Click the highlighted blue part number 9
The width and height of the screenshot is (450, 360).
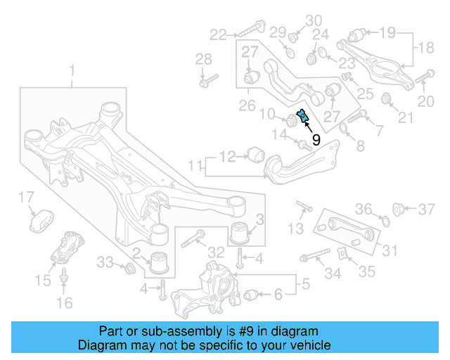click(302, 116)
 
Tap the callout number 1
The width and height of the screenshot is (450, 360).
click(71, 70)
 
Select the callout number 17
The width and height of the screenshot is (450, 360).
click(26, 197)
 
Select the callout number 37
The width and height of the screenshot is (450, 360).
click(427, 209)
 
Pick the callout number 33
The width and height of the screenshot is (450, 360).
click(105, 262)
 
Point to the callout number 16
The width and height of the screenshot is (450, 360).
click(64, 303)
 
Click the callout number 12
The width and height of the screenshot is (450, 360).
click(228, 155)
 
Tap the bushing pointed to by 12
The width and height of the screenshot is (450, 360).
click(255, 153)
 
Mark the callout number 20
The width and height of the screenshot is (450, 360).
click(426, 102)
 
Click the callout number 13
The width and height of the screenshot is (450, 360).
click(296, 229)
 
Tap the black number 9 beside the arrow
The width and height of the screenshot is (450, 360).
click(316, 140)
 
